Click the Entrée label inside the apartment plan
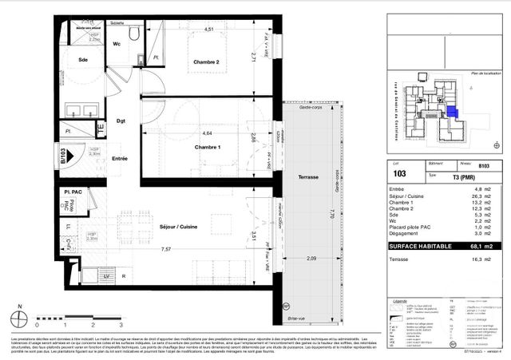tap(120, 159)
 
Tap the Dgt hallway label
tap(121, 121)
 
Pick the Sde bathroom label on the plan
tap(82, 59)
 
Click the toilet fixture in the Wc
tap(134, 36)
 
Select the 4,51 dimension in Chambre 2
tap(208, 30)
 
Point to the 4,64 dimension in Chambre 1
tap(207, 133)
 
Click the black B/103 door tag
tap(63, 154)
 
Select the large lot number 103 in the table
tap(399, 172)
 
